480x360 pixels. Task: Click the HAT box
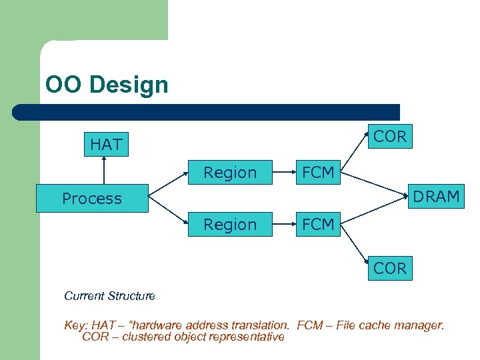(106, 144)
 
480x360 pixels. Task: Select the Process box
(92, 199)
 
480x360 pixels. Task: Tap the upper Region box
(230, 173)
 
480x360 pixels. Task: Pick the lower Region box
(230, 225)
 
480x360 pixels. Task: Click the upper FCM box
(318, 173)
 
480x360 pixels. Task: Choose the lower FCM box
(318, 225)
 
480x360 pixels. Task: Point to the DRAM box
(436, 197)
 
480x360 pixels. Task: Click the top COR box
(390, 137)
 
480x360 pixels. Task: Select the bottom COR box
(390, 268)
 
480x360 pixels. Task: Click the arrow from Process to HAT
(105, 171)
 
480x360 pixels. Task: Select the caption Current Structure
(109, 295)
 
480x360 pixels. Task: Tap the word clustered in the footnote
(147, 337)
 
